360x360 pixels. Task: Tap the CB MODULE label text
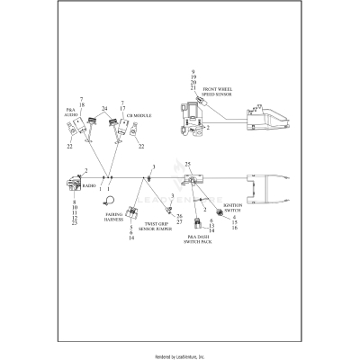coord(139,116)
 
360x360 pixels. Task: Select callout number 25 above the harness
coord(188,164)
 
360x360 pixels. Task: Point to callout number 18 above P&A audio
coord(82,105)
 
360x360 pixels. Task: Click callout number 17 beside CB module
coord(123,110)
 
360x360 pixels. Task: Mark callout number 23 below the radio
coord(74,222)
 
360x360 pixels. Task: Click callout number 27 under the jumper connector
coord(180,221)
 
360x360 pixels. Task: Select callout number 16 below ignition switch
coord(234,229)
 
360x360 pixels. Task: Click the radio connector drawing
coord(72,184)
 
